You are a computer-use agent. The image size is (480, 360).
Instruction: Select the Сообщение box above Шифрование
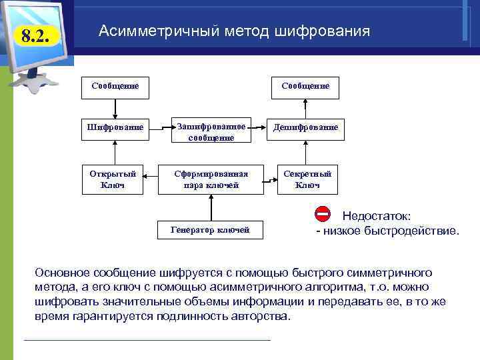click(115, 86)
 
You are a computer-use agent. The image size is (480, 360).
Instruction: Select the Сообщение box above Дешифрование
click(305, 86)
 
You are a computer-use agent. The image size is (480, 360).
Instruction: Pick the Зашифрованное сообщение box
click(211, 131)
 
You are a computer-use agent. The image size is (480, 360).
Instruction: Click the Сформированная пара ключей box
click(211, 179)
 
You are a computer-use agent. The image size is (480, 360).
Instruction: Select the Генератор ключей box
click(210, 230)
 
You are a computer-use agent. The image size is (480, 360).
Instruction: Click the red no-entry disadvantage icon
click(322, 215)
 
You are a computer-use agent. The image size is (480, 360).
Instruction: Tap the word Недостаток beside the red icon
click(376, 216)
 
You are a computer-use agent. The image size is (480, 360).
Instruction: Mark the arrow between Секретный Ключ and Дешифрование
click(305, 151)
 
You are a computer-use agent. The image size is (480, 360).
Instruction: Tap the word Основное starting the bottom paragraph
click(64, 273)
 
